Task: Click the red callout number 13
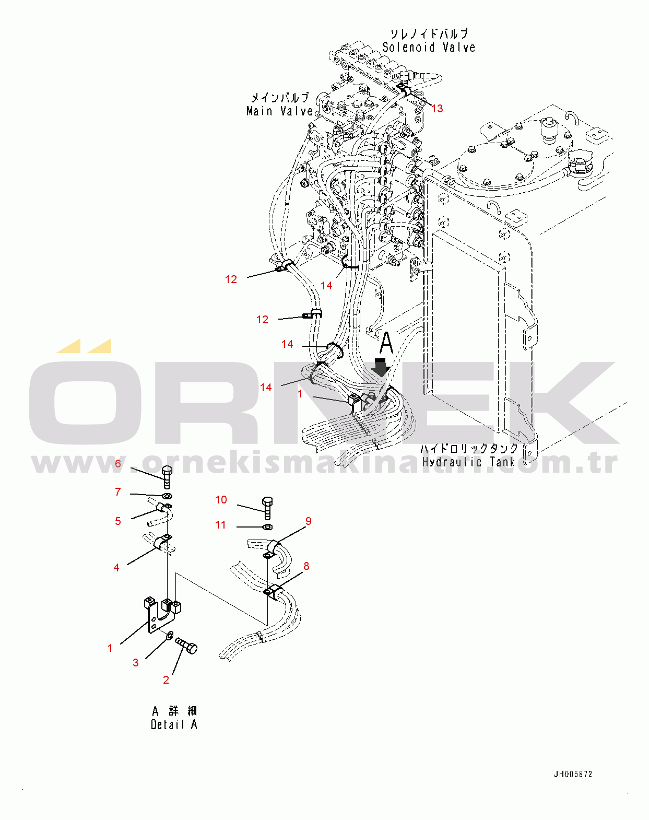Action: point(437,109)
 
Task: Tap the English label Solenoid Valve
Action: point(429,47)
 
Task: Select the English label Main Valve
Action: point(279,111)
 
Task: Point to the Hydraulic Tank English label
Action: point(468,462)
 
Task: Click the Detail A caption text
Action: point(174,724)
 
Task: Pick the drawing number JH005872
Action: point(573,774)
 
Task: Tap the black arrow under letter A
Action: point(381,367)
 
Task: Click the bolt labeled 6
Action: point(167,477)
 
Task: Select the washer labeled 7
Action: point(167,496)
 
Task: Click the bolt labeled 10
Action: point(267,508)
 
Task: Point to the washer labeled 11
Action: point(268,527)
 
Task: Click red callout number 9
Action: point(309,521)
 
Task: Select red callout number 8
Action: point(306,566)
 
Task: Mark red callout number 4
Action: point(116,568)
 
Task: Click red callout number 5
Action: point(118,521)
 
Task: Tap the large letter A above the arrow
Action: point(386,343)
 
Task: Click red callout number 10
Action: point(221,499)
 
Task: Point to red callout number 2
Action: point(166,680)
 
